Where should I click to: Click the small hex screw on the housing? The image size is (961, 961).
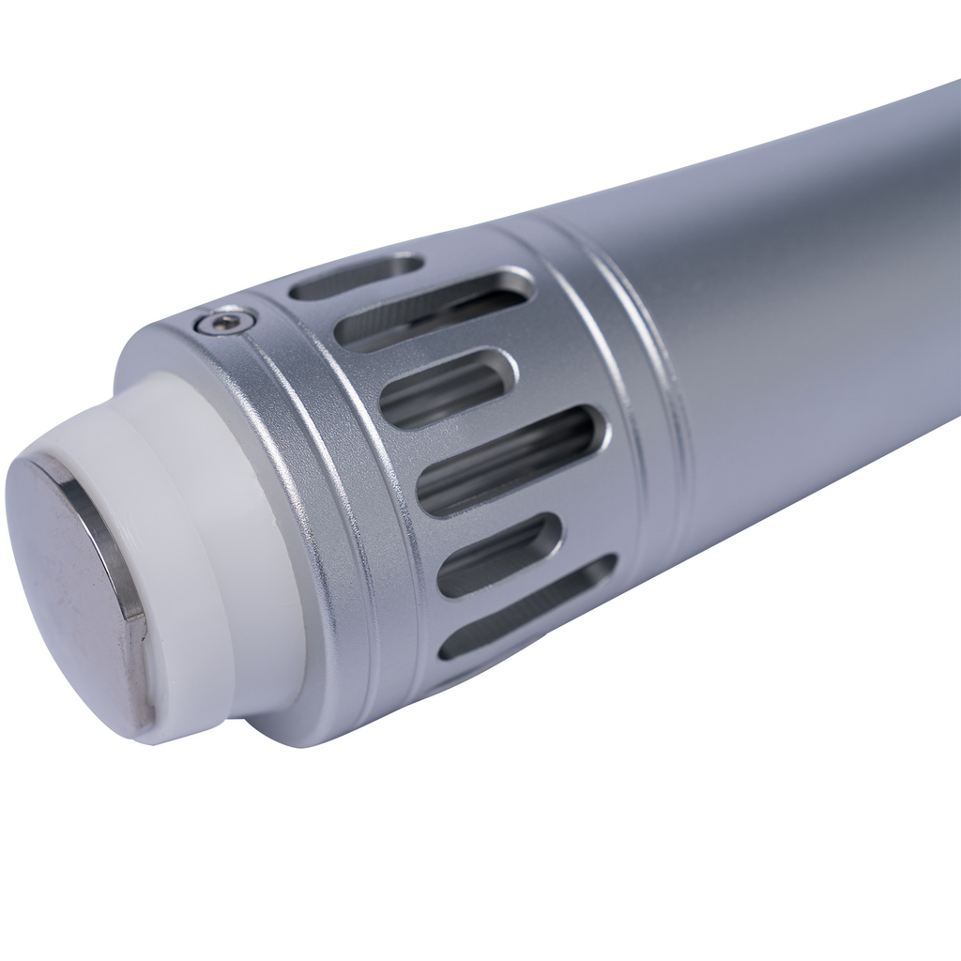(225, 323)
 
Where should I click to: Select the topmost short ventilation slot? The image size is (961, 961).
(357, 277)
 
